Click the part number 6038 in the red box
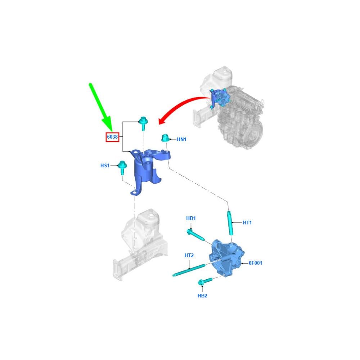(x=112, y=137)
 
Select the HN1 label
(x=182, y=139)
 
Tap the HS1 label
(x=105, y=166)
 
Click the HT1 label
(x=247, y=222)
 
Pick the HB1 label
(x=191, y=218)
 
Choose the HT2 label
(x=189, y=255)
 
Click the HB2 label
(x=202, y=296)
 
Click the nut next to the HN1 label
(x=165, y=138)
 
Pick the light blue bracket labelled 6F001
(x=226, y=258)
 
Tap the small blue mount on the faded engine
(x=219, y=98)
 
